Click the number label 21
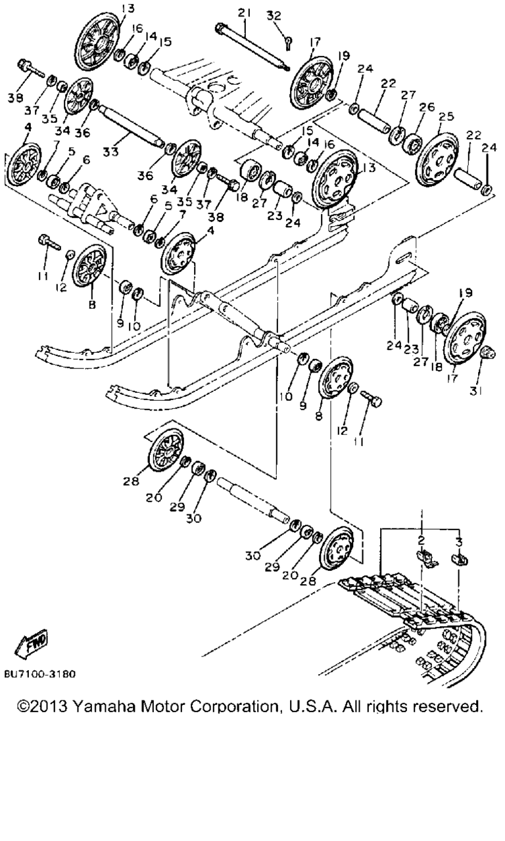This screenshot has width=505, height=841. (x=245, y=13)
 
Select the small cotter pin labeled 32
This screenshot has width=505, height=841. (x=289, y=43)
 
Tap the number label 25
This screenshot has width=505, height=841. (x=446, y=116)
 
